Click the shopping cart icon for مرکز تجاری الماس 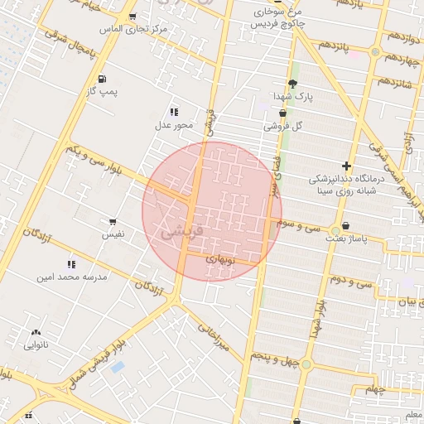pos(132,17)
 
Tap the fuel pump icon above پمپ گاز pos(102,79)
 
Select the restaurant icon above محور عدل pos(174,112)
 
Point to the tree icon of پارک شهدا pos(292,84)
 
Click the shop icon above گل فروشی pos(282,113)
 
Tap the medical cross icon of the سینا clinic pos(347,166)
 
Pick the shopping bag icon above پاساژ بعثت pos(345,225)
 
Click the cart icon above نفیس pos(113,222)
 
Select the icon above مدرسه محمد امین pos(71,264)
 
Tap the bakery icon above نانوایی pos(36,332)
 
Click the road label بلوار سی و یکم pos(99,161)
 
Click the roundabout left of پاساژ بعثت pos(335,229)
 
